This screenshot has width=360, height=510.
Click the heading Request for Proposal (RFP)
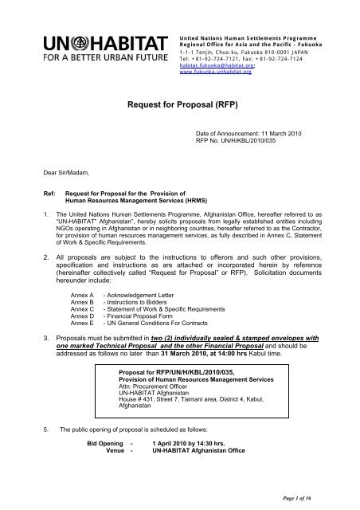point(178,104)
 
